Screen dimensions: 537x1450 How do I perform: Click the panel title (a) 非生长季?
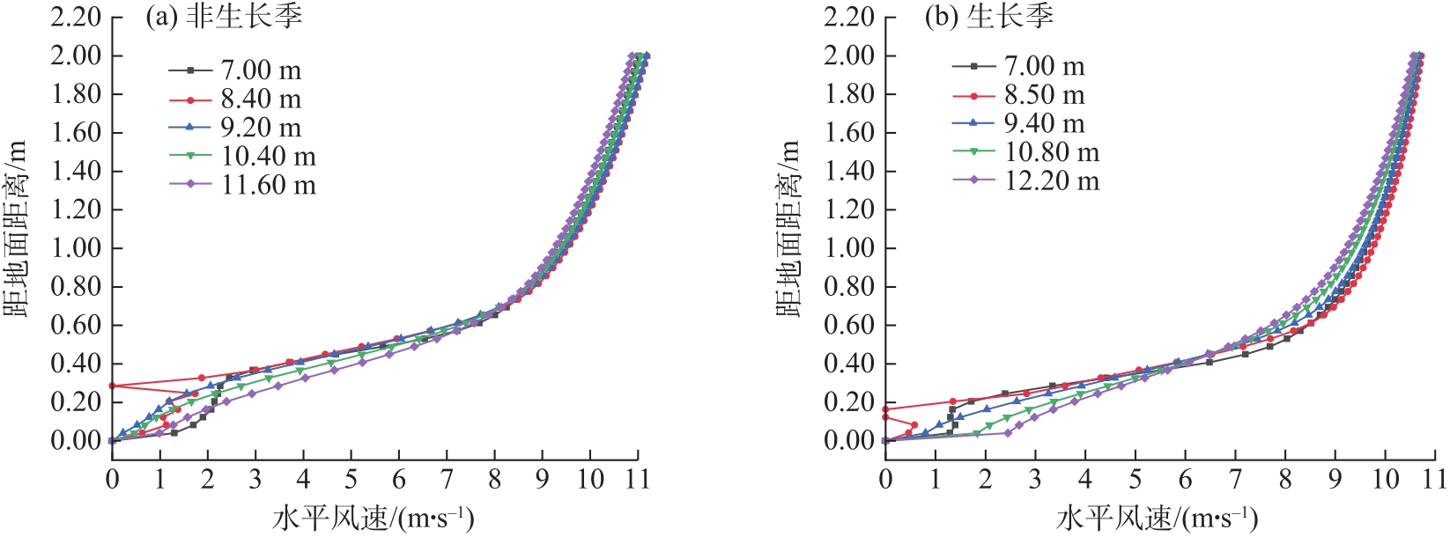click(x=224, y=18)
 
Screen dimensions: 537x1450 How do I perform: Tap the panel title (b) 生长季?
click(x=988, y=18)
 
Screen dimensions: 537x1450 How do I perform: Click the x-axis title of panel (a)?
click(x=374, y=519)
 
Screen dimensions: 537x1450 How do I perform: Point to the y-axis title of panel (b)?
click(x=788, y=229)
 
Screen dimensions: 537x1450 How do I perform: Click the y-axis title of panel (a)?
click(x=15, y=229)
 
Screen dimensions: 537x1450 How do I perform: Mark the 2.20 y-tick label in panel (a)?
click(x=75, y=18)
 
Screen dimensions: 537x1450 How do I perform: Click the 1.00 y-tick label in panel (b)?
click(x=849, y=248)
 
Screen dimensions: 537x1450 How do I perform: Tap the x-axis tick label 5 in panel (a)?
click(x=351, y=480)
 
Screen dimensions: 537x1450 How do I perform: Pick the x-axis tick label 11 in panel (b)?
click(x=1435, y=480)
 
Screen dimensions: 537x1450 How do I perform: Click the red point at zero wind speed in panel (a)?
click(x=112, y=386)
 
